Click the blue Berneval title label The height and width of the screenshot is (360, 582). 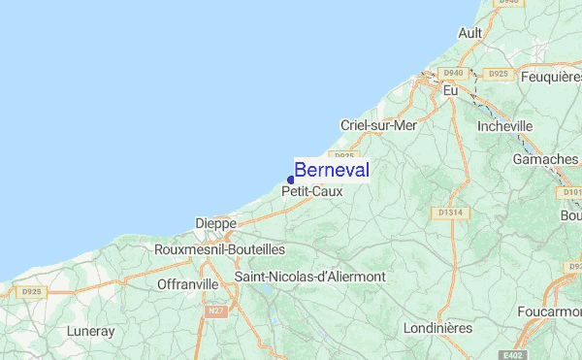coord(331,170)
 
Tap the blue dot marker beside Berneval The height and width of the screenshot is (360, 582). coord(291,180)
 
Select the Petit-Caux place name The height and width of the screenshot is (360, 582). coord(311,192)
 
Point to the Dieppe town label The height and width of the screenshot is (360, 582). coord(215,223)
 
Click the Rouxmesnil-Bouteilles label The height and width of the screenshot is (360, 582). coord(219,249)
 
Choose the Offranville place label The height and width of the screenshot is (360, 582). coord(188,284)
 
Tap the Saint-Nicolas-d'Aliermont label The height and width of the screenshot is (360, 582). coord(310,277)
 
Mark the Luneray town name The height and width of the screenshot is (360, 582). coord(91,331)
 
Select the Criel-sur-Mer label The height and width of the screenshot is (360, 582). coord(378,125)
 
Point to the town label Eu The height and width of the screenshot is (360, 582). coord(450,90)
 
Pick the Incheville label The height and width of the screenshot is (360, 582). coord(505,126)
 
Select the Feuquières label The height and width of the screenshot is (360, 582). coord(551,76)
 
